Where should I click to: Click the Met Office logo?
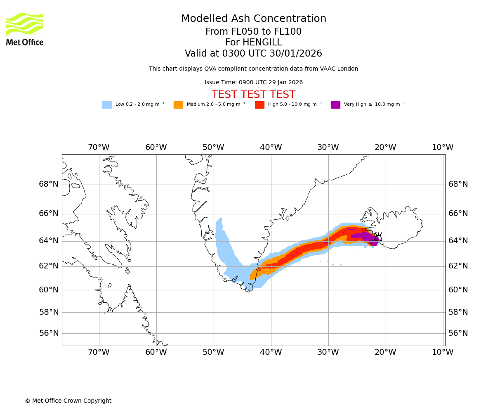coord(25,29)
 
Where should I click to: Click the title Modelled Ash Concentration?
coord(254,19)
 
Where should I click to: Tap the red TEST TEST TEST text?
coord(254,95)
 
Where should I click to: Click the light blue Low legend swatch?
coord(107,105)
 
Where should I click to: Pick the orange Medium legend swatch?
coord(178,105)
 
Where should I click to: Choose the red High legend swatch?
coord(259,105)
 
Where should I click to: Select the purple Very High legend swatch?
coord(335,105)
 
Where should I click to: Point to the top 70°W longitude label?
coord(99,147)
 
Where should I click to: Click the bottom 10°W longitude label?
coord(443,352)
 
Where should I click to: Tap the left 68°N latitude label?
coord(49,184)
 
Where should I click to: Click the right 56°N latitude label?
coord(458,333)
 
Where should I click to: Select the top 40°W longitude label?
coord(271,147)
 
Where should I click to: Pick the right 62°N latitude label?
coord(458,266)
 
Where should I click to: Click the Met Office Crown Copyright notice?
coord(68,401)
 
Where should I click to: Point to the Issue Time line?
coord(254,83)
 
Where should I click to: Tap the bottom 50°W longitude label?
coord(213,352)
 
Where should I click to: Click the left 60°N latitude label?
coord(49,290)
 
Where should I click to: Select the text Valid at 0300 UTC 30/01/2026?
coord(254,54)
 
